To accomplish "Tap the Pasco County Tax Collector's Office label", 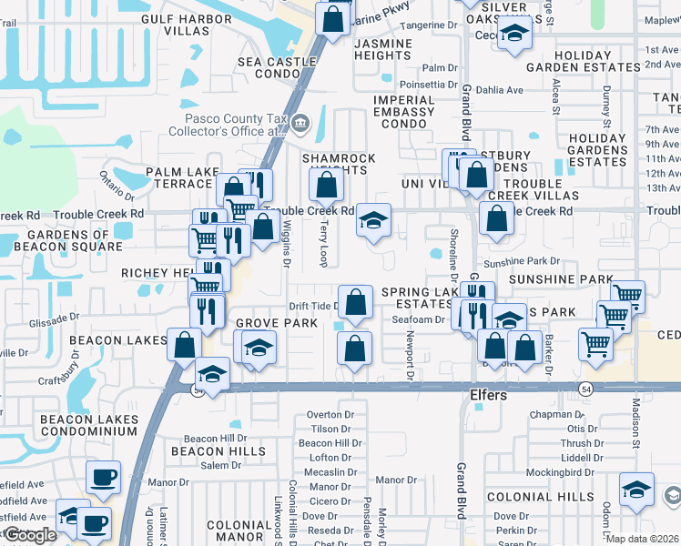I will tap(236, 125).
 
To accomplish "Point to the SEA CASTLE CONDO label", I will tap(276, 67).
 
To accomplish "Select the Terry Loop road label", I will tap(323, 247).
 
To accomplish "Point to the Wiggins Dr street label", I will tap(285, 245).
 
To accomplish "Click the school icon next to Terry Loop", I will tap(372, 222).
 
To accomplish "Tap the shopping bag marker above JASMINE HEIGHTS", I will tap(333, 19).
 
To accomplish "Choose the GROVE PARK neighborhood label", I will tap(276, 323).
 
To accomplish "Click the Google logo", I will tap(29, 535).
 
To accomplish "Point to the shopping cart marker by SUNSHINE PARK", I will tap(626, 295).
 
